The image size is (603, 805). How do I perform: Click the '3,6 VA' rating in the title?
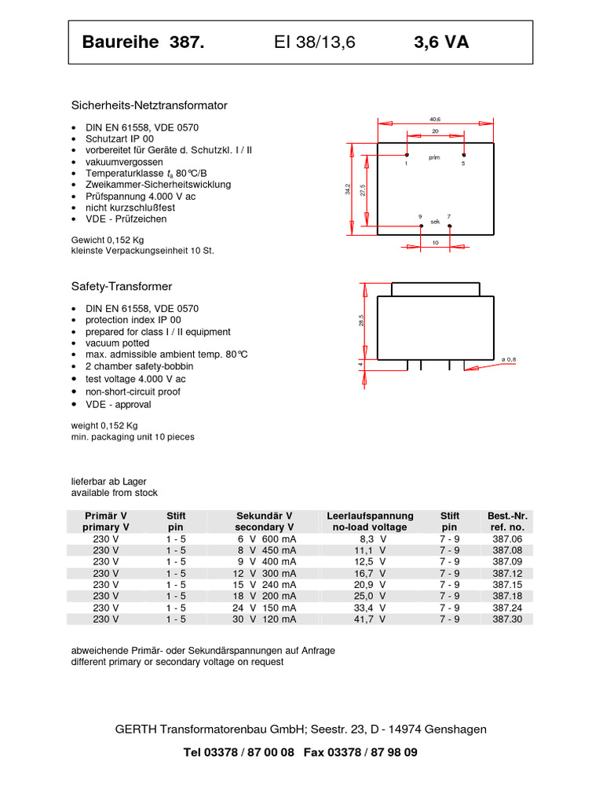coord(441,42)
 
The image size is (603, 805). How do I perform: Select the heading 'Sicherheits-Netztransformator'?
coord(149,105)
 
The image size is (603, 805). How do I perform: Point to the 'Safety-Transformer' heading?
coord(122,287)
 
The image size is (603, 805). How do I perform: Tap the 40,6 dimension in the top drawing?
coord(436,119)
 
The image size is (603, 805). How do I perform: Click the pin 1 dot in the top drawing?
coord(407,156)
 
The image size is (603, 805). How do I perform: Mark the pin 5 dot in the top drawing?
coord(463,156)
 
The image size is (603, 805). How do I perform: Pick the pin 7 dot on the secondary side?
coord(449,226)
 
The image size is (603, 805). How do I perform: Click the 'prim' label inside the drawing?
coord(434,157)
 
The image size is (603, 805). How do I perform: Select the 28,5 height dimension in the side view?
coord(362,321)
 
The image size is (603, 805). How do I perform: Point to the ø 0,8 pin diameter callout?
coord(508,359)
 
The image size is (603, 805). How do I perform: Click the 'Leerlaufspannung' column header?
coord(370,516)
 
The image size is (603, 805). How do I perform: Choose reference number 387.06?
coord(506,539)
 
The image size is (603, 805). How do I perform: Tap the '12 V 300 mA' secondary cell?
coord(267,573)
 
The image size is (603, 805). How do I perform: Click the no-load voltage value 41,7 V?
coord(370,619)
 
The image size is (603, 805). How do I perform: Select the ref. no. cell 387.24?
coord(506,608)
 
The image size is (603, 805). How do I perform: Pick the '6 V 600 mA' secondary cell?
coord(267,539)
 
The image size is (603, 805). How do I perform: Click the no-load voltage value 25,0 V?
coord(370,596)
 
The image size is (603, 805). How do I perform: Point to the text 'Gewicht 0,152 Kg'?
coord(108,239)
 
